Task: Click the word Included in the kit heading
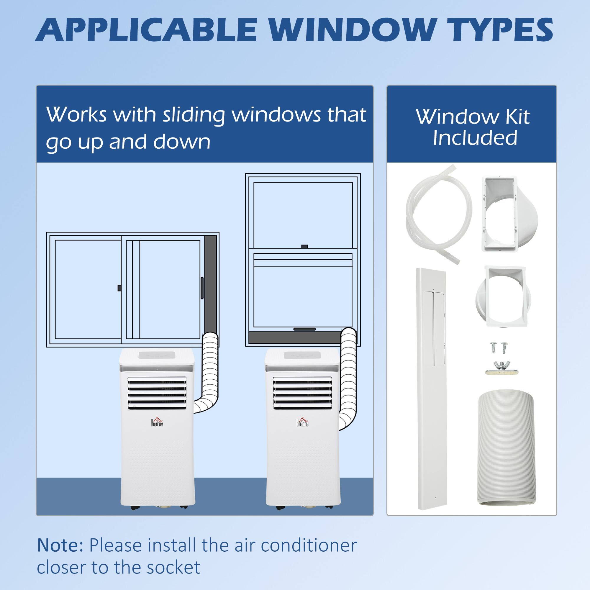click(x=475, y=138)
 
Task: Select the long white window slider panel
click(x=432, y=388)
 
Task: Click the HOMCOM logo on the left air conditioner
click(x=157, y=422)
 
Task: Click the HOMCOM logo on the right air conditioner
click(x=302, y=422)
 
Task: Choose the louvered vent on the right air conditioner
click(x=302, y=393)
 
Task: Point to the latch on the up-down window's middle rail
click(x=304, y=246)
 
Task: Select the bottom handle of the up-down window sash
click(x=304, y=329)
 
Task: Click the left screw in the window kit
click(x=494, y=347)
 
